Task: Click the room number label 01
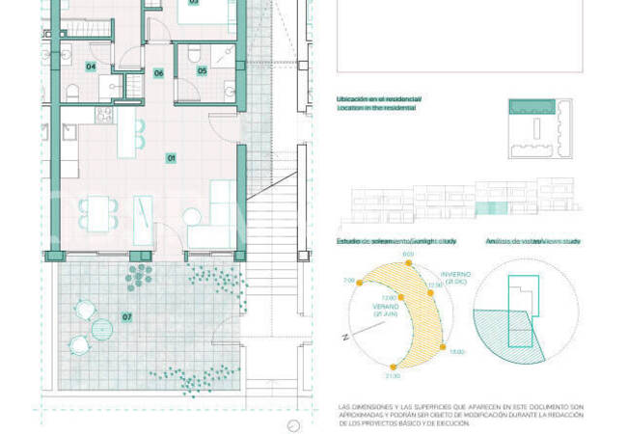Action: coord(171,157)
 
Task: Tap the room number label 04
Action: coord(91,67)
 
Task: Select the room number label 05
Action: coord(203,69)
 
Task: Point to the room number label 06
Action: coord(159,72)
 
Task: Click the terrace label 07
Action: coord(126,316)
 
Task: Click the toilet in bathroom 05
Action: coord(193,50)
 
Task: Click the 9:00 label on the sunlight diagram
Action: coord(407,254)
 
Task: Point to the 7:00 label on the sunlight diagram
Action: coord(348,280)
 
